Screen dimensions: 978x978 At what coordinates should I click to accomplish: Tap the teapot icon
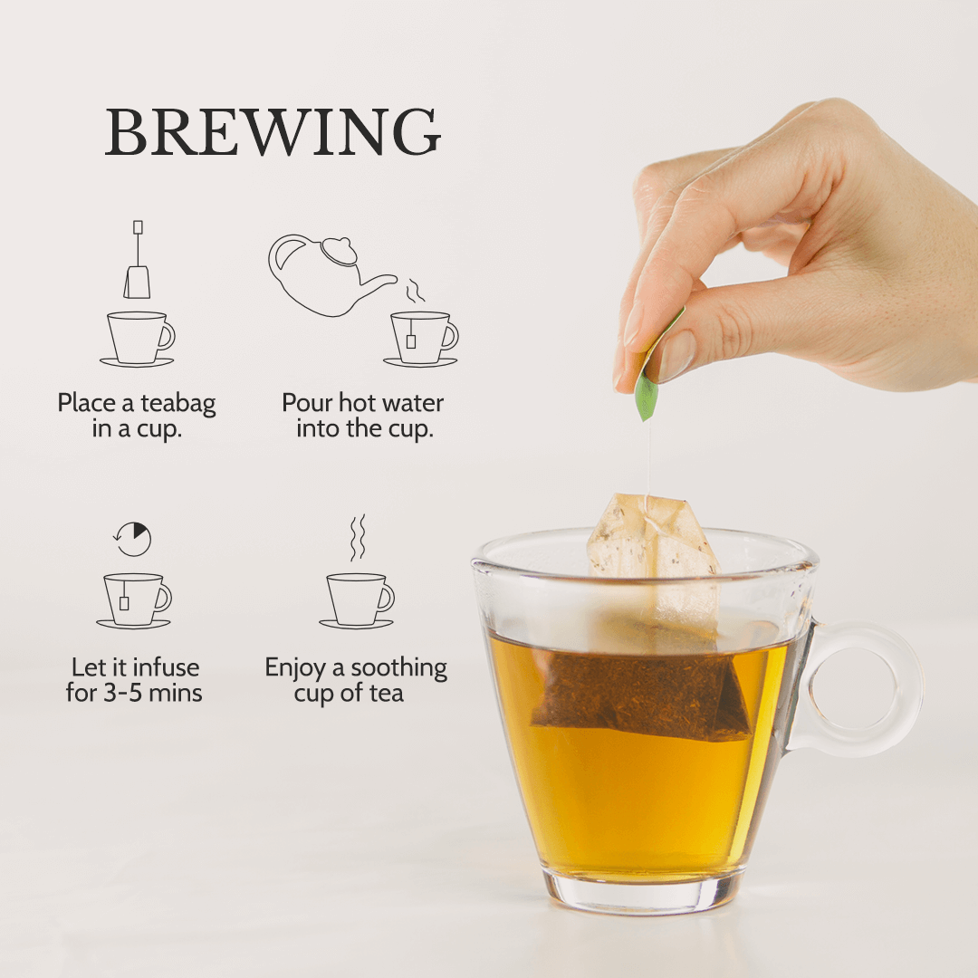coord(331,275)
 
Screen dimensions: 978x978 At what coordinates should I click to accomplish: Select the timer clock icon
coord(133,539)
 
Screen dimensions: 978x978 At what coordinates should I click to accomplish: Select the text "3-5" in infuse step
coord(123,693)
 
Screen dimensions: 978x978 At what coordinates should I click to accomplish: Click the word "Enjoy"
coord(295,668)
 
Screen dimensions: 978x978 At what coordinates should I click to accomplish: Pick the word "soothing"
coord(399,668)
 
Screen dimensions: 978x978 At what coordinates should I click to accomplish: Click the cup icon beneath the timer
coord(134,600)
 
